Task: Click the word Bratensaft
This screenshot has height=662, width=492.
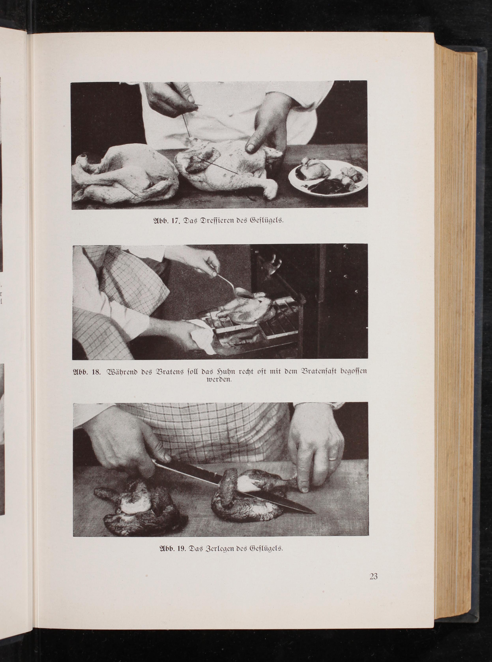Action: point(311,372)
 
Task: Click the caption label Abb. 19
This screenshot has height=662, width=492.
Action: point(173,548)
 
